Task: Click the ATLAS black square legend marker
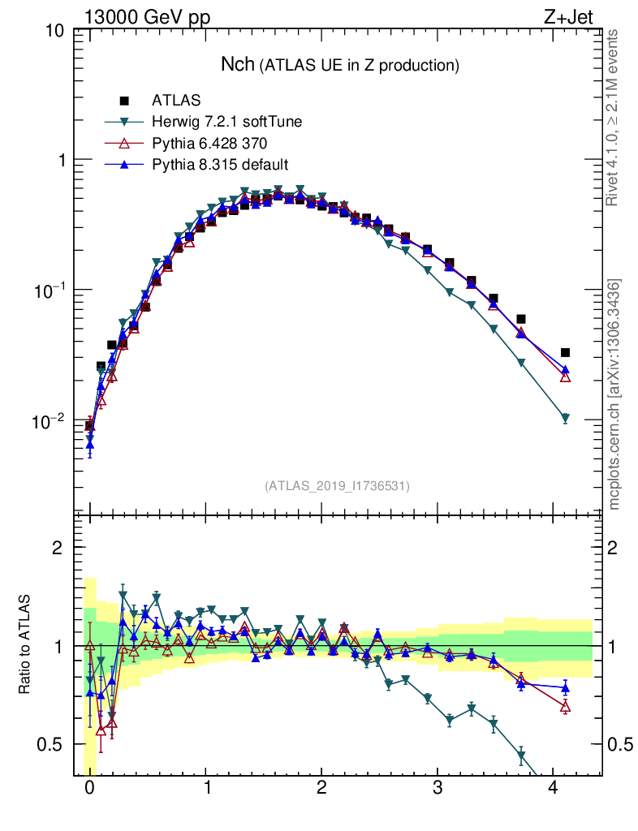[124, 101]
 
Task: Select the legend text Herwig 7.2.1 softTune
[226, 123]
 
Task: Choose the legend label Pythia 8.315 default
[220, 165]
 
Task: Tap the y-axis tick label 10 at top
[55, 31]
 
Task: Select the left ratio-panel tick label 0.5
[52, 745]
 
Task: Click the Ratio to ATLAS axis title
[25, 645]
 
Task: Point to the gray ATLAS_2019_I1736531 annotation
[336, 485]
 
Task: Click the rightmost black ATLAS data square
[565, 352]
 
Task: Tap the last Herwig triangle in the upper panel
[565, 419]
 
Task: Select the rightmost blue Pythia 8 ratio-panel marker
[565, 688]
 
